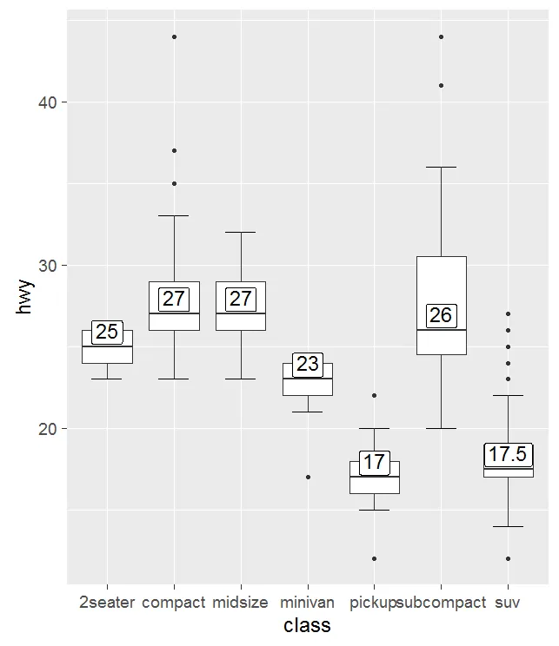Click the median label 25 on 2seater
(107, 332)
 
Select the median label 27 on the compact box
(174, 299)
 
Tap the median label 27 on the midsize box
(240, 299)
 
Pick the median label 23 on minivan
(307, 364)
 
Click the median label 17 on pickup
(374, 462)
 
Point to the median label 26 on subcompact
(441, 315)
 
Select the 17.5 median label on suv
(508, 454)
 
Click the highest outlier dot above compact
(174, 36)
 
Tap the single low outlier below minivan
(308, 477)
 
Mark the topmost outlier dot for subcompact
(441, 36)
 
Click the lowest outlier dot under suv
(508, 558)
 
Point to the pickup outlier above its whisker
(374, 395)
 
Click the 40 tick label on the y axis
(47, 102)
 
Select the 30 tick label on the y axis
(47, 266)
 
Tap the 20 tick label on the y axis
(47, 429)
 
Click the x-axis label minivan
(307, 602)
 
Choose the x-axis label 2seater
(107, 602)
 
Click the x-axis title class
(307, 625)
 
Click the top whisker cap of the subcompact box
(441, 167)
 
